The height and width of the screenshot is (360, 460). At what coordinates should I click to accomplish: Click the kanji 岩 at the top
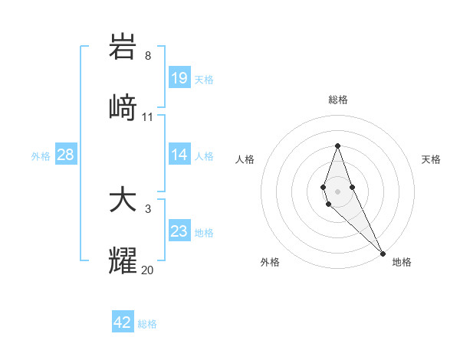tap(123, 47)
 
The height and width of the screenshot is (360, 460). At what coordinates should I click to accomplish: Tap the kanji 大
tap(123, 200)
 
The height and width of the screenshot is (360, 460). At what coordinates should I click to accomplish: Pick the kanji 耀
tap(123, 260)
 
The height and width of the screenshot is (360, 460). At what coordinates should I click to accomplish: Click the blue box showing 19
tap(179, 77)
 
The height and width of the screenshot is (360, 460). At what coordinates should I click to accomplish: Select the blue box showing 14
tap(179, 155)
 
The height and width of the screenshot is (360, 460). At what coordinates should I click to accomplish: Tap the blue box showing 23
tap(179, 231)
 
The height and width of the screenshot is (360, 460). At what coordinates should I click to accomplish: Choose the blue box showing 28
tap(65, 155)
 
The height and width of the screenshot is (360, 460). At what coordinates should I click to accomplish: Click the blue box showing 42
tap(123, 322)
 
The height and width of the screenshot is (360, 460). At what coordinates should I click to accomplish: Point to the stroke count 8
tap(148, 56)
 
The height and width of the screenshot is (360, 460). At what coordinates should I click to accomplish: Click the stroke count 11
tap(148, 117)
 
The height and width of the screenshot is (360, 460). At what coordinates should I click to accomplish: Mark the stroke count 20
tap(148, 270)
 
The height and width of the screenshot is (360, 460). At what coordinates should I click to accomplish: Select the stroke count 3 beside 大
tap(148, 208)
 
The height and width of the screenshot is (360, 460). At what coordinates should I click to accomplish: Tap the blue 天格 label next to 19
tap(203, 79)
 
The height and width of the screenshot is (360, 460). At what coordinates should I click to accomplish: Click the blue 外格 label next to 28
tap(41, 156)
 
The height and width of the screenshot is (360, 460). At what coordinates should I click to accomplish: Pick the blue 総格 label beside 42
tap(147, 324)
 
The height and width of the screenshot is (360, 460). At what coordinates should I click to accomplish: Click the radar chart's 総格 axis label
tap(337, 100)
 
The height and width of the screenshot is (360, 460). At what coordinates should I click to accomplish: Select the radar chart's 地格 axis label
tap(402, 262)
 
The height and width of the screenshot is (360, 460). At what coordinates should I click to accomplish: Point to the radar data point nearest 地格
tap(383, 254)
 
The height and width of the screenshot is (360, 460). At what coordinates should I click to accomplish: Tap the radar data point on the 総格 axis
tap(337, 146)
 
